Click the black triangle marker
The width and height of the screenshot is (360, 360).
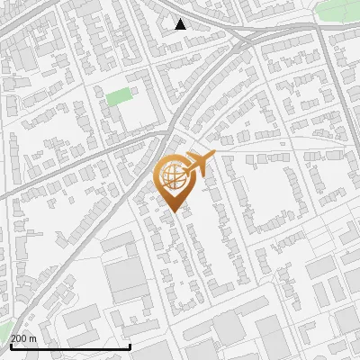click(181, 24)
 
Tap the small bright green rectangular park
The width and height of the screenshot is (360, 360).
click(118, 96)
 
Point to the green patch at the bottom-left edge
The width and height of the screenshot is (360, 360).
click(4, 329)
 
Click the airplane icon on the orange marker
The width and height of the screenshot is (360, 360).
click(199, 164)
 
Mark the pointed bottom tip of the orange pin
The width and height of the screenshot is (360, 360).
click(171, 212)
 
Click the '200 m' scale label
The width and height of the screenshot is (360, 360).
click(23, 337)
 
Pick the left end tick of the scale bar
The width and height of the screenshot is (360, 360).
click(11, 346)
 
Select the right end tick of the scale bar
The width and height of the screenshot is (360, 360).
click(130, 346)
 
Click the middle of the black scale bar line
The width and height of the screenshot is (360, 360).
click(70, 346)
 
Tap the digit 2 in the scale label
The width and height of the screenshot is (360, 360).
click(13, 337)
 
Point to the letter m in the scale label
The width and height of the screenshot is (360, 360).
click(33, 337)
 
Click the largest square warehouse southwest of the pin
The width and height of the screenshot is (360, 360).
click(127, 280)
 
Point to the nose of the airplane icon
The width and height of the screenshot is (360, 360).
click(214, 157)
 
